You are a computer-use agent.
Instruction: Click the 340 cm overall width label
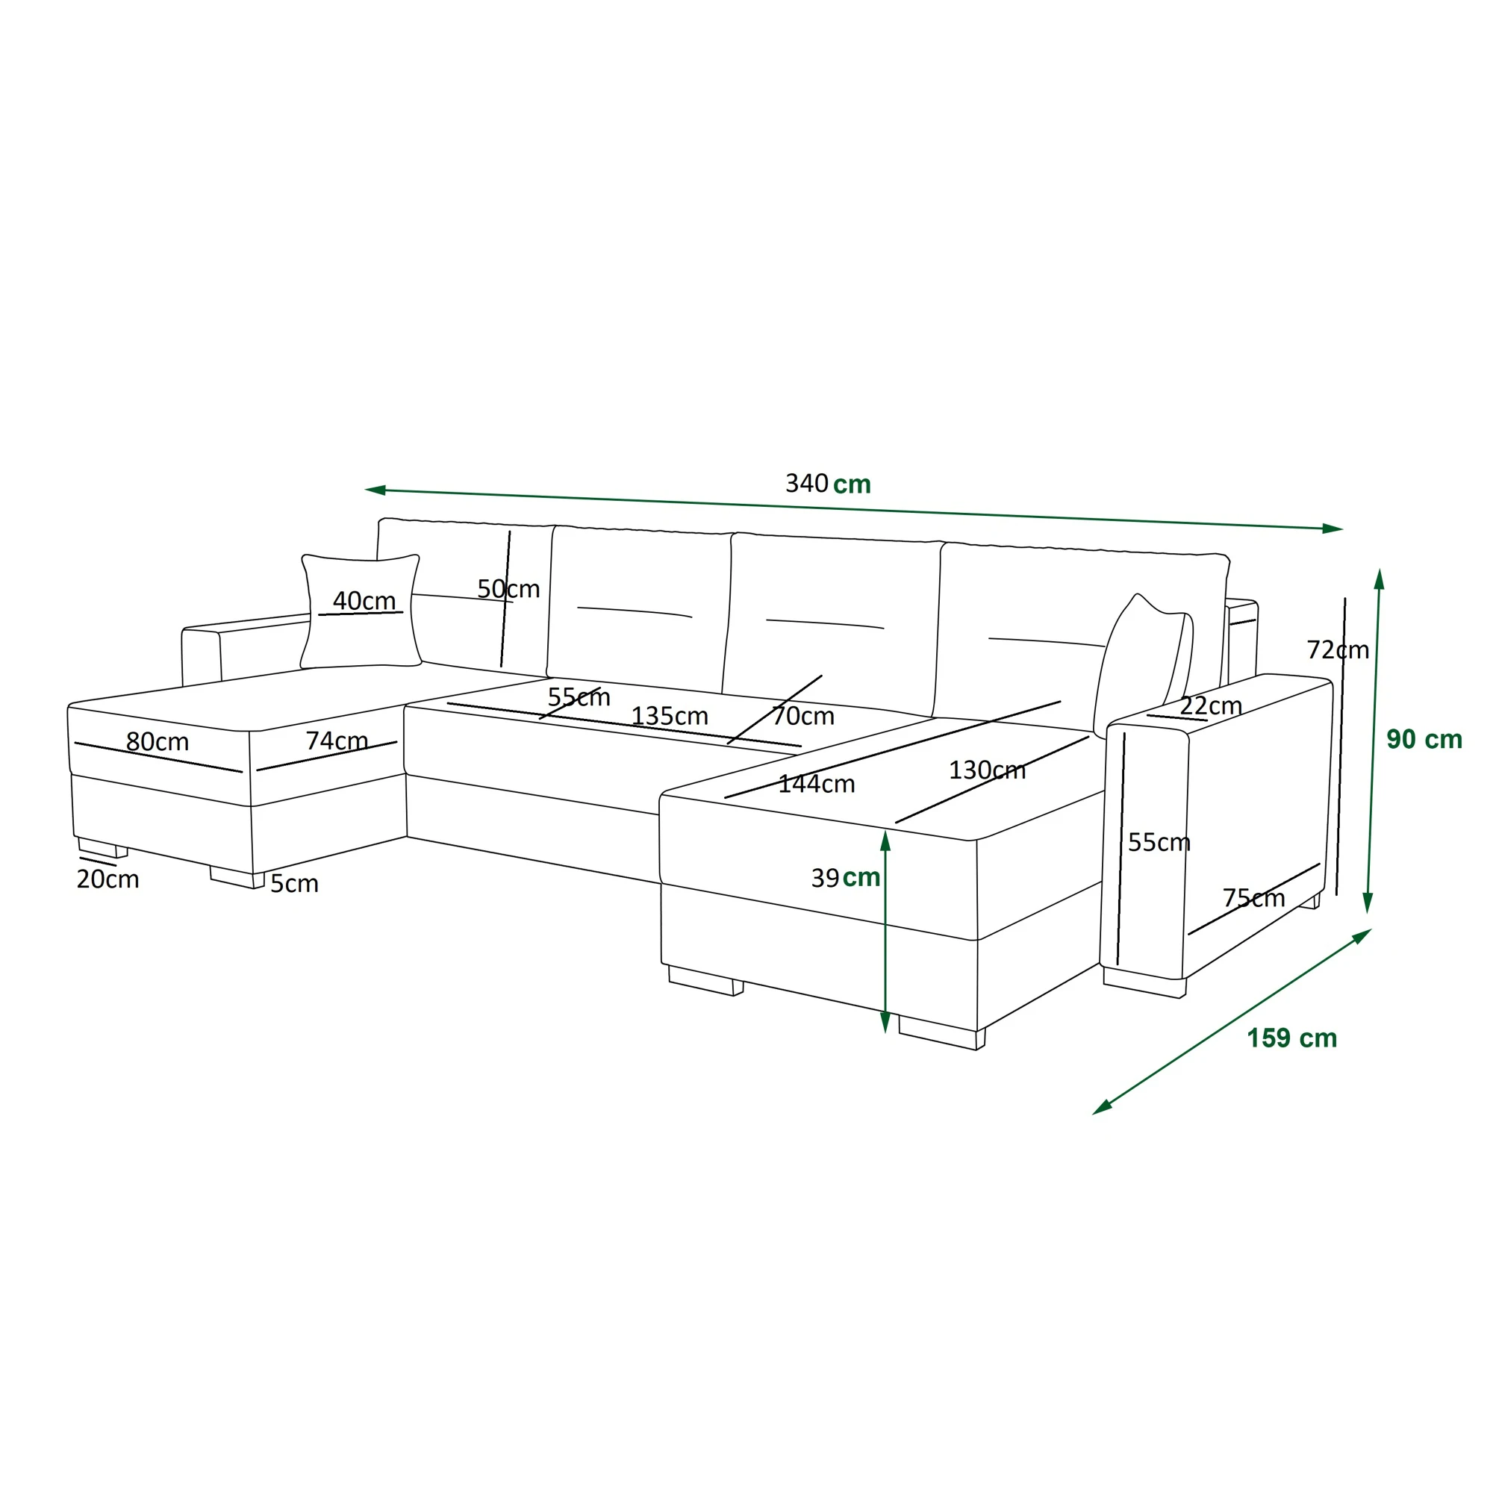(829, 484)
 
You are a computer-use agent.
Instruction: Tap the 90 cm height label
(1424, 740)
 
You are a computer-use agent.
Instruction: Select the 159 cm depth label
(1292, 1038)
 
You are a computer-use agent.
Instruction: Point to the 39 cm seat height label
(846, 877)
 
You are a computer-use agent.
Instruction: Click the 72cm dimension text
(1338, 650)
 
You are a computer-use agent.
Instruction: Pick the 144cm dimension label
(816, 785)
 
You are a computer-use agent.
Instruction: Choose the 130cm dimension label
(987, 770)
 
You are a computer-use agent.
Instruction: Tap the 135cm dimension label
(669, 716)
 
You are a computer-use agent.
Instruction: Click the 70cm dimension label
(803, 716)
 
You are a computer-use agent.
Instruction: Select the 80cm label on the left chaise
(157, 742)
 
